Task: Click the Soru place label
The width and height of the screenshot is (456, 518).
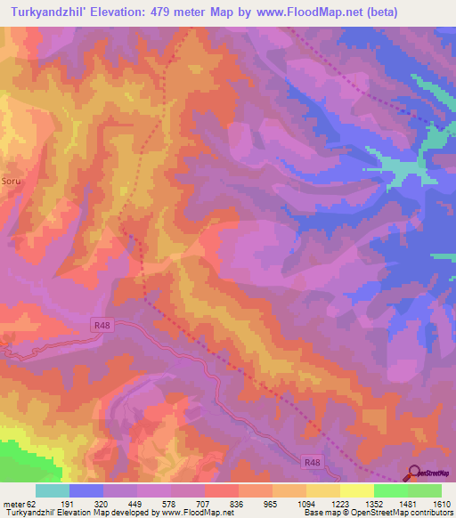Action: pos(11,178)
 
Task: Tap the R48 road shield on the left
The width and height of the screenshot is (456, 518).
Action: pos(103,326)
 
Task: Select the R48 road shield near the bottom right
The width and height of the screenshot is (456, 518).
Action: pos(312,462)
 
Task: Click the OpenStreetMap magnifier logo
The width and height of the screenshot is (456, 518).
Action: pos(414,473)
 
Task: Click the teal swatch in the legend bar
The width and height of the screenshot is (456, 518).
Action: pos(53,490)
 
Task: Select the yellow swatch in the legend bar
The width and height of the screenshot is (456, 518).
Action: pos(356,490)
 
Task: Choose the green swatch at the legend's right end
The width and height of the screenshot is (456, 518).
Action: pos(424,490)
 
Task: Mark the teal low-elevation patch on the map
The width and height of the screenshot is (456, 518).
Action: pos(392,165)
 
